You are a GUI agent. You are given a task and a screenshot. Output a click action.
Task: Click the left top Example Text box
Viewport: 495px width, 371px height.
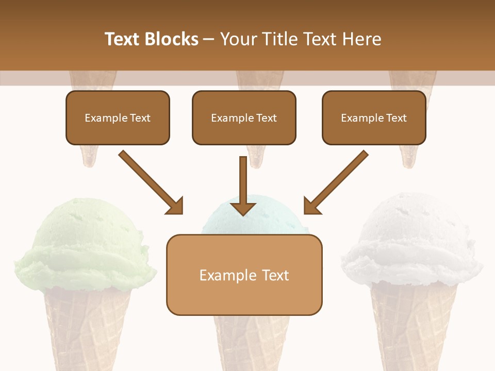pos(118,117)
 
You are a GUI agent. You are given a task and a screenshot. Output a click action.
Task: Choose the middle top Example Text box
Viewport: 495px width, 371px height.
pos(244,117)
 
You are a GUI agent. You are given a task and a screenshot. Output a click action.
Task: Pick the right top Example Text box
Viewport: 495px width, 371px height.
pos(374,117)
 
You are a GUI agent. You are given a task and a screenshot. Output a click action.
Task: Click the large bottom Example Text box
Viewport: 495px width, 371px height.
pos(244,275)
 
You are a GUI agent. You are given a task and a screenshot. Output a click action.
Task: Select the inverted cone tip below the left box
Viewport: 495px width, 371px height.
pos(89,157)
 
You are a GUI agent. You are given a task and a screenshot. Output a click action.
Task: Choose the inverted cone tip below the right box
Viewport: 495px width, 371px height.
pos(410,157)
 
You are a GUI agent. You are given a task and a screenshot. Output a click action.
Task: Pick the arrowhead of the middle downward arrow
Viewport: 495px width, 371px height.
pos(243,208)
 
